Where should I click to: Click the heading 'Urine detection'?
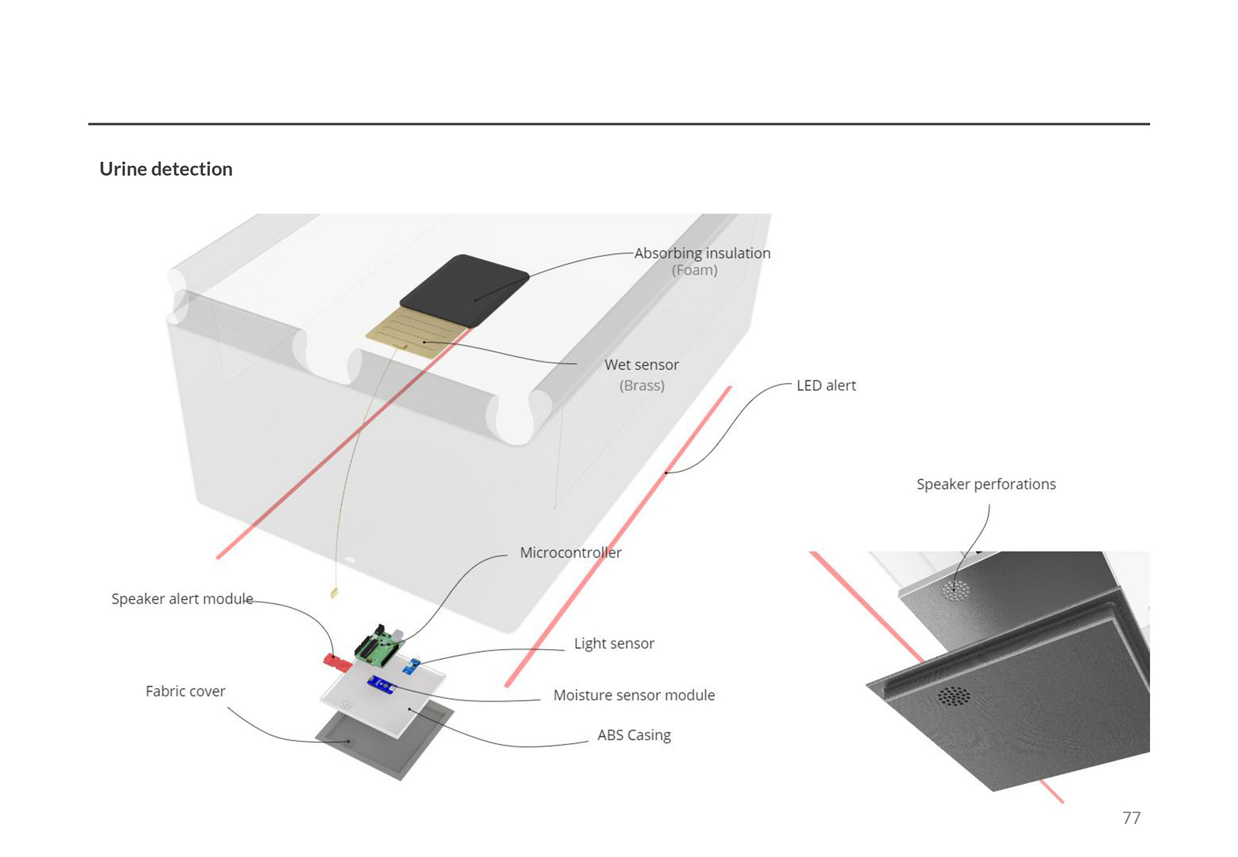pos(166,169)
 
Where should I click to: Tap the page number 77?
pos(1131,817)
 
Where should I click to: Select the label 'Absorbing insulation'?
pos(703,253)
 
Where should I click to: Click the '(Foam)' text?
pos(695,270)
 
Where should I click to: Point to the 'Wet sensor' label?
pos(642,364)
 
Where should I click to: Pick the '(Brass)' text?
pos(642,385)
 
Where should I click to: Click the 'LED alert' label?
pos(826,385)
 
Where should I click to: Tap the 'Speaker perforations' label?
pos(986,484)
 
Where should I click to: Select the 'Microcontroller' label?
pos(571,553)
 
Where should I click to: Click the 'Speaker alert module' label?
pos(182,599)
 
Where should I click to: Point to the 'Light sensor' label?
pos(614,644)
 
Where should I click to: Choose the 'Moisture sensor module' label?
pos(634,695)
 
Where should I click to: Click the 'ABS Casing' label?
pos(634,735)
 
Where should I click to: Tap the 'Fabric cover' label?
pos(185,691)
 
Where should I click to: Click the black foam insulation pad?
pos(464,290)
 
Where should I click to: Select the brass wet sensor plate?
pos(416,335)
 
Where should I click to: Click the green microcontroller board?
pos(379,646)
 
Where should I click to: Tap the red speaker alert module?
pos(337,661)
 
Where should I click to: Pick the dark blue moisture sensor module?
pos(381,685)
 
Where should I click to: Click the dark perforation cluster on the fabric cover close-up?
pos(954,696)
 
